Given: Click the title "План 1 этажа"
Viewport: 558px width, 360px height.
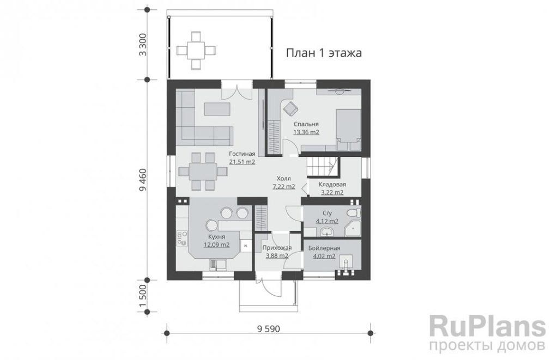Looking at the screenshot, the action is (324, 53).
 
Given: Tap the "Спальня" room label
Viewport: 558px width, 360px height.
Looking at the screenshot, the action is (306, 124).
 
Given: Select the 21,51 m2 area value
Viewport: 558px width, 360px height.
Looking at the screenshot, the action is (242, 162).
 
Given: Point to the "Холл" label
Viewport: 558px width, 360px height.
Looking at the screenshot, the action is (283, 178).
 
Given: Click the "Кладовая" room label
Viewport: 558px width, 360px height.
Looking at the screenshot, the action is (332, 185).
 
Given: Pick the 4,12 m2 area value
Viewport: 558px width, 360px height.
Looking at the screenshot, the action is (327, 221).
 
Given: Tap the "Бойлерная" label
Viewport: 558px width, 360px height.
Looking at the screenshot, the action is (324, 248).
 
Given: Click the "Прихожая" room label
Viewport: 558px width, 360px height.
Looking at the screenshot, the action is (277, 248).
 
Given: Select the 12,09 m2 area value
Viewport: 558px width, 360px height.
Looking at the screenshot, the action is (216, 245).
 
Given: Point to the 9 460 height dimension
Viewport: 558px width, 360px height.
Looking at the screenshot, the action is (143, 179).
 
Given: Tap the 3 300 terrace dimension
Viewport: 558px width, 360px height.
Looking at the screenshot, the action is (143, 45).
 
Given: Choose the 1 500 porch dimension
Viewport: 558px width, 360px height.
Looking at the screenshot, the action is (143, 296).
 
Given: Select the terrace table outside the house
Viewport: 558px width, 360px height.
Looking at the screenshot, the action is (196, 50).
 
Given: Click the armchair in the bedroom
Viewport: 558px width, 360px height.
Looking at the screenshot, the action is (290, 108).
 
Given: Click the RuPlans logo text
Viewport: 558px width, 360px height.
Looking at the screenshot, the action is (488, 326).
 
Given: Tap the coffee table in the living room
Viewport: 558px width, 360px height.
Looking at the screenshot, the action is (217, 109).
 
